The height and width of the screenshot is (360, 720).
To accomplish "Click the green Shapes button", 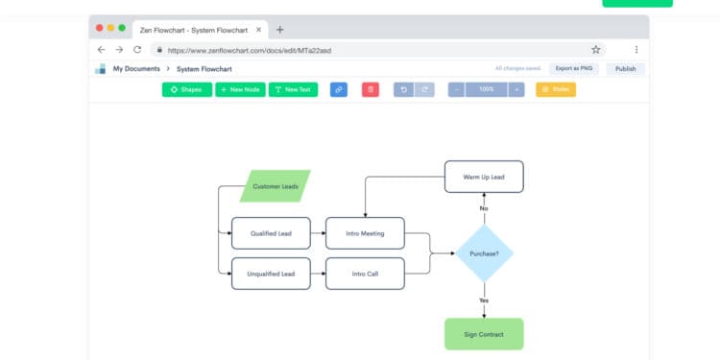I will pos(186,89).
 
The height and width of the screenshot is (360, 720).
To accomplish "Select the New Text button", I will pos(293,89).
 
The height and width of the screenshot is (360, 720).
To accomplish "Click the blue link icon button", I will pos(338,89).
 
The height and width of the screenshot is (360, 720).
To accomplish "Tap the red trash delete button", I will pos(370,89).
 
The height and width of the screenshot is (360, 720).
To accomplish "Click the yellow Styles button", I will pos(556,89).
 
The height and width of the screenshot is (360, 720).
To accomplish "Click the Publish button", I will pos(625,69).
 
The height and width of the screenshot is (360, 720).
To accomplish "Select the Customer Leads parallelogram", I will pos(275,186).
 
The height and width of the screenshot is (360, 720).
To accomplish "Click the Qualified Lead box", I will pos(272,232).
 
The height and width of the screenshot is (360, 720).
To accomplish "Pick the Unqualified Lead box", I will pos(272,274).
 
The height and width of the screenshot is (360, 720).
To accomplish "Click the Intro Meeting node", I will pos(365,232).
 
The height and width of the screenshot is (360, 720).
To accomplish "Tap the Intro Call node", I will pos(365,274).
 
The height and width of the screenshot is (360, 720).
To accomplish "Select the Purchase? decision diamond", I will pos(484,253).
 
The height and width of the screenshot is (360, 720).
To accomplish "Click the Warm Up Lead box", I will pos(484,177).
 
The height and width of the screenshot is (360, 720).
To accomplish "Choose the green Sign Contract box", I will pos(484,334).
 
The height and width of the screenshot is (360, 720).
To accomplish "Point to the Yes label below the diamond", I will pos(484,300).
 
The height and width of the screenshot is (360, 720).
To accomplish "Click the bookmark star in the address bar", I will pos(596,49).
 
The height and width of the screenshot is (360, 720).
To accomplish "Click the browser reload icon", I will pos(137,49).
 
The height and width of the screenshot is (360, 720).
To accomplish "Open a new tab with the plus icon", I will pos(279,29).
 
